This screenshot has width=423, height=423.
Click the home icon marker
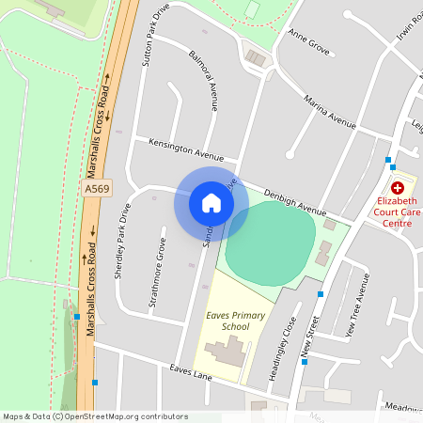[211, 203]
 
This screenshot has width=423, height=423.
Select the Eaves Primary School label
[227, 321]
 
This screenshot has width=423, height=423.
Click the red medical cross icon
[398, 188]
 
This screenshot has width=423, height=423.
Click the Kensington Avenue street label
[186, 149]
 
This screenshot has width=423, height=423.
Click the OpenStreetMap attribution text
[94, 416]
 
